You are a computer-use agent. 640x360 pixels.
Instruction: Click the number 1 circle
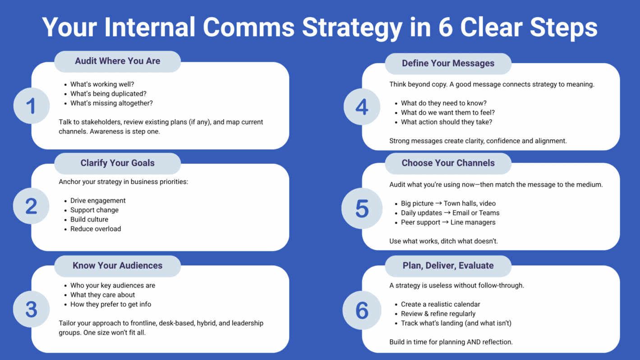(x=31, y=106)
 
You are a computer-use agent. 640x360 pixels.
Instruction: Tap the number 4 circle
(x=362, y=107)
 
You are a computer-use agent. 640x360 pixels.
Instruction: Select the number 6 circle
(x=362, y=310)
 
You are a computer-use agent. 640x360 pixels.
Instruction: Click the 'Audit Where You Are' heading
(x=117, y=61)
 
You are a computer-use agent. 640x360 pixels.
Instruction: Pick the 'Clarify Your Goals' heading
(x=117, y=163)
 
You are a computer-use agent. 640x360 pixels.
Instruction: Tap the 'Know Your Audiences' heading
(x=117, y=266)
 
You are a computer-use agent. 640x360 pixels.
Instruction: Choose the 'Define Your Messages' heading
(x=448, y=64)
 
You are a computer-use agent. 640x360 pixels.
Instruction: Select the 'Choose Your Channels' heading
(x=448, y=163)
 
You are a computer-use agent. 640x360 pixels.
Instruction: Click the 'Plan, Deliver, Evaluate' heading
(x=448, y=266)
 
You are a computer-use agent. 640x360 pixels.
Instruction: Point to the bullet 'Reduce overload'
(x=96, y=229)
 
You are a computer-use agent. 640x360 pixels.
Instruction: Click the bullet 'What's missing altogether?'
(x=111, y=103)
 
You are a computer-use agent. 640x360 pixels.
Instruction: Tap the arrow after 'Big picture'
(x=438, y=203)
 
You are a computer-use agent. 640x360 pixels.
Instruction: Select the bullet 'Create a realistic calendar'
(x=440, y=305)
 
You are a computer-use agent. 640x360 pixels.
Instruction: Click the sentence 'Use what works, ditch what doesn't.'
(x=443, y=241)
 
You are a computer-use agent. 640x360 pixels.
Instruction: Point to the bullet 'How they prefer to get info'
(x=111, y=305)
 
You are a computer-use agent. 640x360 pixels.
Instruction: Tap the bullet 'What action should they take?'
(x=447, y=122)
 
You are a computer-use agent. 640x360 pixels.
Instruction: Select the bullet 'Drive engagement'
(x=98, y=201)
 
